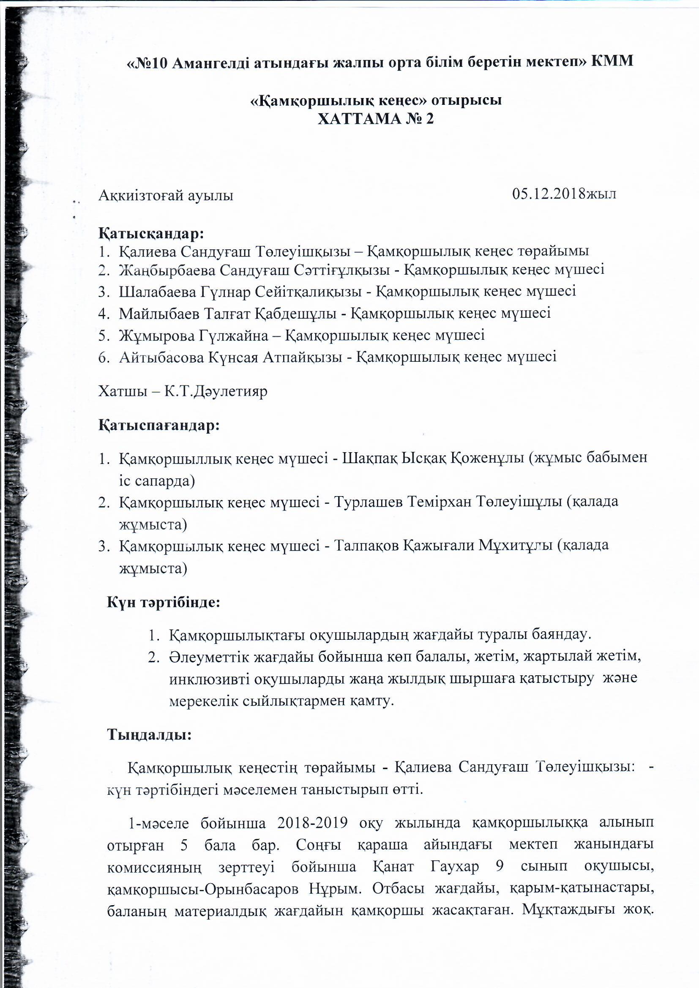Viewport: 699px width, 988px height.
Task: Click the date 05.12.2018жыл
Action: (564, 194)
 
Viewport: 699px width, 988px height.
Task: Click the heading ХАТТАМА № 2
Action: (376, 119)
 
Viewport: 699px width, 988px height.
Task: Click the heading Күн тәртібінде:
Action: (164, 602)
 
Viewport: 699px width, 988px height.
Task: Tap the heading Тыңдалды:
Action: (149, 734)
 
